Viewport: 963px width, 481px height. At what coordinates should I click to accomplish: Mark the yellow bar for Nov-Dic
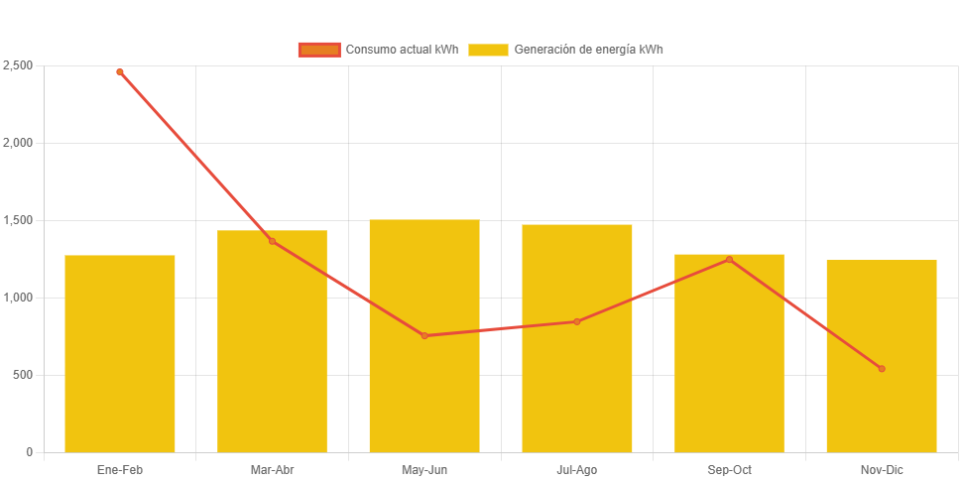(x=882, y=356)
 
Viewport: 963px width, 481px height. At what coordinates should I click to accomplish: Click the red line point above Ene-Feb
(x=120, y=71)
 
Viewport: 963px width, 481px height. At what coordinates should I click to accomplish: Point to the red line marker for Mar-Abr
(x=272, y=241)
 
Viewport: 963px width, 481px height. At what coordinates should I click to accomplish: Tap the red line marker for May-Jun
(x=424, y=335)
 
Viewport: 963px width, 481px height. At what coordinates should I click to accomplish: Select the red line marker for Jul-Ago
(x=577, y=321)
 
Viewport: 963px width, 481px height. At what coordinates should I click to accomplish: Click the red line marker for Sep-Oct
(x=729, y=260)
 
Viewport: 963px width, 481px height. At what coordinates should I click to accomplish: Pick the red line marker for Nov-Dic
(x=882, y=369)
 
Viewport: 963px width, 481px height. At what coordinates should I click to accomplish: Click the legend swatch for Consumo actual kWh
(x=318, y=50)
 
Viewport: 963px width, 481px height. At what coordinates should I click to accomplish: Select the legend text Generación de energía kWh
(x=588, y=50)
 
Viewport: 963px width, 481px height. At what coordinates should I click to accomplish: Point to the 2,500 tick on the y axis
(x=18, y=65)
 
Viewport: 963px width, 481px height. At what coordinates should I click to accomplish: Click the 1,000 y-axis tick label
(x=18, y=298)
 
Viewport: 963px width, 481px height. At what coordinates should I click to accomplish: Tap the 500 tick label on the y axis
(x=22, y=375)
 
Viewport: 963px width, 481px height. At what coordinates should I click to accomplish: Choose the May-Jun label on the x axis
(x=424, y=469)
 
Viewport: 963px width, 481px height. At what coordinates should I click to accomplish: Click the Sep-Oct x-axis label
(x=729, y=469)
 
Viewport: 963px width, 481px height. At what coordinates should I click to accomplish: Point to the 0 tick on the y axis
(x=30, y=452)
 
